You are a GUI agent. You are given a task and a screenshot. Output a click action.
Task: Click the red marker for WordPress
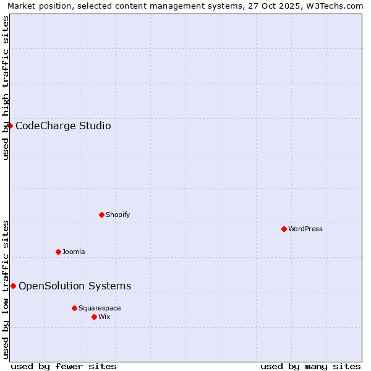point(284,229)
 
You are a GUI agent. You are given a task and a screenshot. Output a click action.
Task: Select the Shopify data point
point(101,215)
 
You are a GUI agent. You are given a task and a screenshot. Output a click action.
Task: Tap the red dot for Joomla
point(58,252)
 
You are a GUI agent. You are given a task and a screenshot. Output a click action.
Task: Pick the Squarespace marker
point(74,308)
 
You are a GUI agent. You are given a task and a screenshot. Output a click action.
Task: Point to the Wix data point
point(94,317)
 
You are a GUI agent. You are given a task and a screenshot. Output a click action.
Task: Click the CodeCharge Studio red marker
point(10,126)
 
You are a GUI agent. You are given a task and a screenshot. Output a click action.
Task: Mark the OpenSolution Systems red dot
point(13,286)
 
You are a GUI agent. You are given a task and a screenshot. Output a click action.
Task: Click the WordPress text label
point(305,229)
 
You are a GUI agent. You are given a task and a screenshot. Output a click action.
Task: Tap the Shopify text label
point(118,215)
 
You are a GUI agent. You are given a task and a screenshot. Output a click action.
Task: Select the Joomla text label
point(74,252)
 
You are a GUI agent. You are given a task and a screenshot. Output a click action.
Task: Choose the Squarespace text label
point(100,308)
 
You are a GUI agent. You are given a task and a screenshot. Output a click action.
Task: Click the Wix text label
point(104,317)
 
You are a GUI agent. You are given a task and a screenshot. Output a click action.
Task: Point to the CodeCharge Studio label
point(63,126)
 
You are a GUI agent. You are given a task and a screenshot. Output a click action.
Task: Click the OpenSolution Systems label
point(75,286)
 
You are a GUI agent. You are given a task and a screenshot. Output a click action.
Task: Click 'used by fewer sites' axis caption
point(64,366)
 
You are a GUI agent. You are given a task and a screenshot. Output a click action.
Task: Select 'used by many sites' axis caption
point(310,366)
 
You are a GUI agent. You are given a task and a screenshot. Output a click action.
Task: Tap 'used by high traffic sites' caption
point(6,88)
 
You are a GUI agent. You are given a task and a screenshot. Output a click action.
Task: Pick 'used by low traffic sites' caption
point(6,289)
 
